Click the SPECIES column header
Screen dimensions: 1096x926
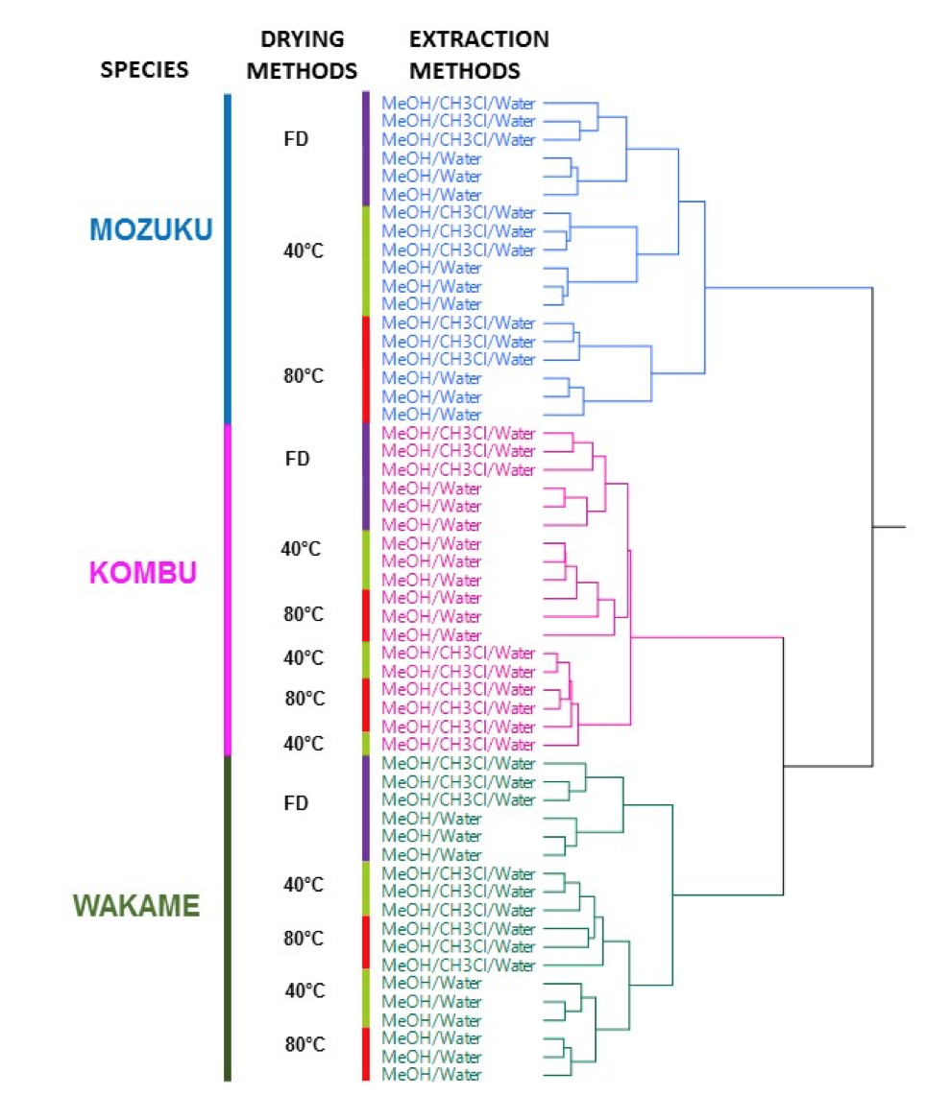tap(144, 69)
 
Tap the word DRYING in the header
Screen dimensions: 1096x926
tap(303, 39)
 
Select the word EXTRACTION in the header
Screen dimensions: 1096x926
tap(479, 39)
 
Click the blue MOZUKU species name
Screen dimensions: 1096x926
tap(151, 229)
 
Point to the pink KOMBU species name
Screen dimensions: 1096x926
tap(143, 572)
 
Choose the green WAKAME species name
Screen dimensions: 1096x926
tap(136, 905)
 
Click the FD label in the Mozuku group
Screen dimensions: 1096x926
tap(296, 139)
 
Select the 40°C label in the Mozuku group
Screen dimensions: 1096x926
tap(303, 250)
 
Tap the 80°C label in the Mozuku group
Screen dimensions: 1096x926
tap(303, 375)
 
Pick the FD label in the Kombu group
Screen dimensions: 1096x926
tap(298, 458)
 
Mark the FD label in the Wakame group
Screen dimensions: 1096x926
tap(296, 802)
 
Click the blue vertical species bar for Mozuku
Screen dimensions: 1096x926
tap(228, 259)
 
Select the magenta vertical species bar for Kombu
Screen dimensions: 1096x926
tap(228, 589)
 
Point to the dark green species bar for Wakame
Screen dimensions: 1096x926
tap(228, 917)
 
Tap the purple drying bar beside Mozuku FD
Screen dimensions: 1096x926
tap(366, 148)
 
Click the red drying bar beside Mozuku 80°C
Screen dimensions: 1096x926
tap(366, 369)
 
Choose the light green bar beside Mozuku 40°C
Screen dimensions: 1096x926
tap(366, 259)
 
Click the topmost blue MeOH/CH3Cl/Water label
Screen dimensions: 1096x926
tap(458, 103)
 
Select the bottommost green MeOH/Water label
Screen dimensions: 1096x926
tap(431, 1075)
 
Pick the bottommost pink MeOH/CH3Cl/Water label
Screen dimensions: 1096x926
tap(458, 745)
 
